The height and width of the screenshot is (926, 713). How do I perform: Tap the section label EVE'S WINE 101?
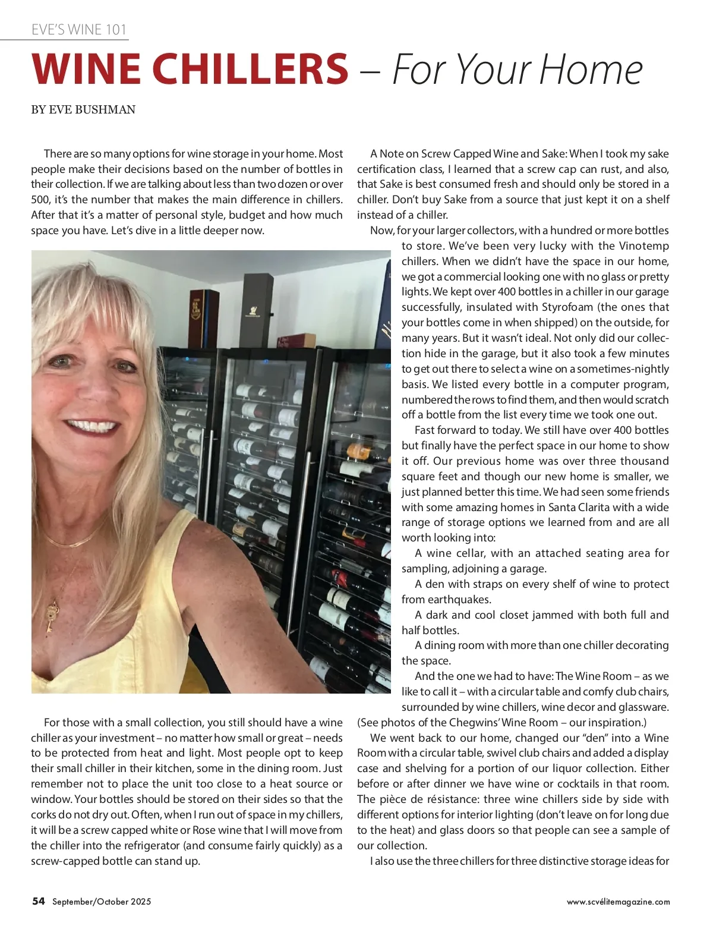[x=79, y=30]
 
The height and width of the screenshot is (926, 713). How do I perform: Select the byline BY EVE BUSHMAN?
[x=83, y=109]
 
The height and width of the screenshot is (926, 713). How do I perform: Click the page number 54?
[x=39, y=901]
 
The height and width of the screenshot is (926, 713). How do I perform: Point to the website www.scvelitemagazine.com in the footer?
[x=618, y=902]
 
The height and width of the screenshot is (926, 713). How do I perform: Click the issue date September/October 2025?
[x=102, y=902]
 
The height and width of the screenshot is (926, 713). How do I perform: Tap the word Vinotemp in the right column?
[x=644, y=246]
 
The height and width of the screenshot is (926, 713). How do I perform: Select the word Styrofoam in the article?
[x=567, y=307]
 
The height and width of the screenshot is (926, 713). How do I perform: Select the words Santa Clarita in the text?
[x=579, y=508]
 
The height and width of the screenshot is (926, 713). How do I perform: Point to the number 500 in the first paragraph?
[x=40, y=200]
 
